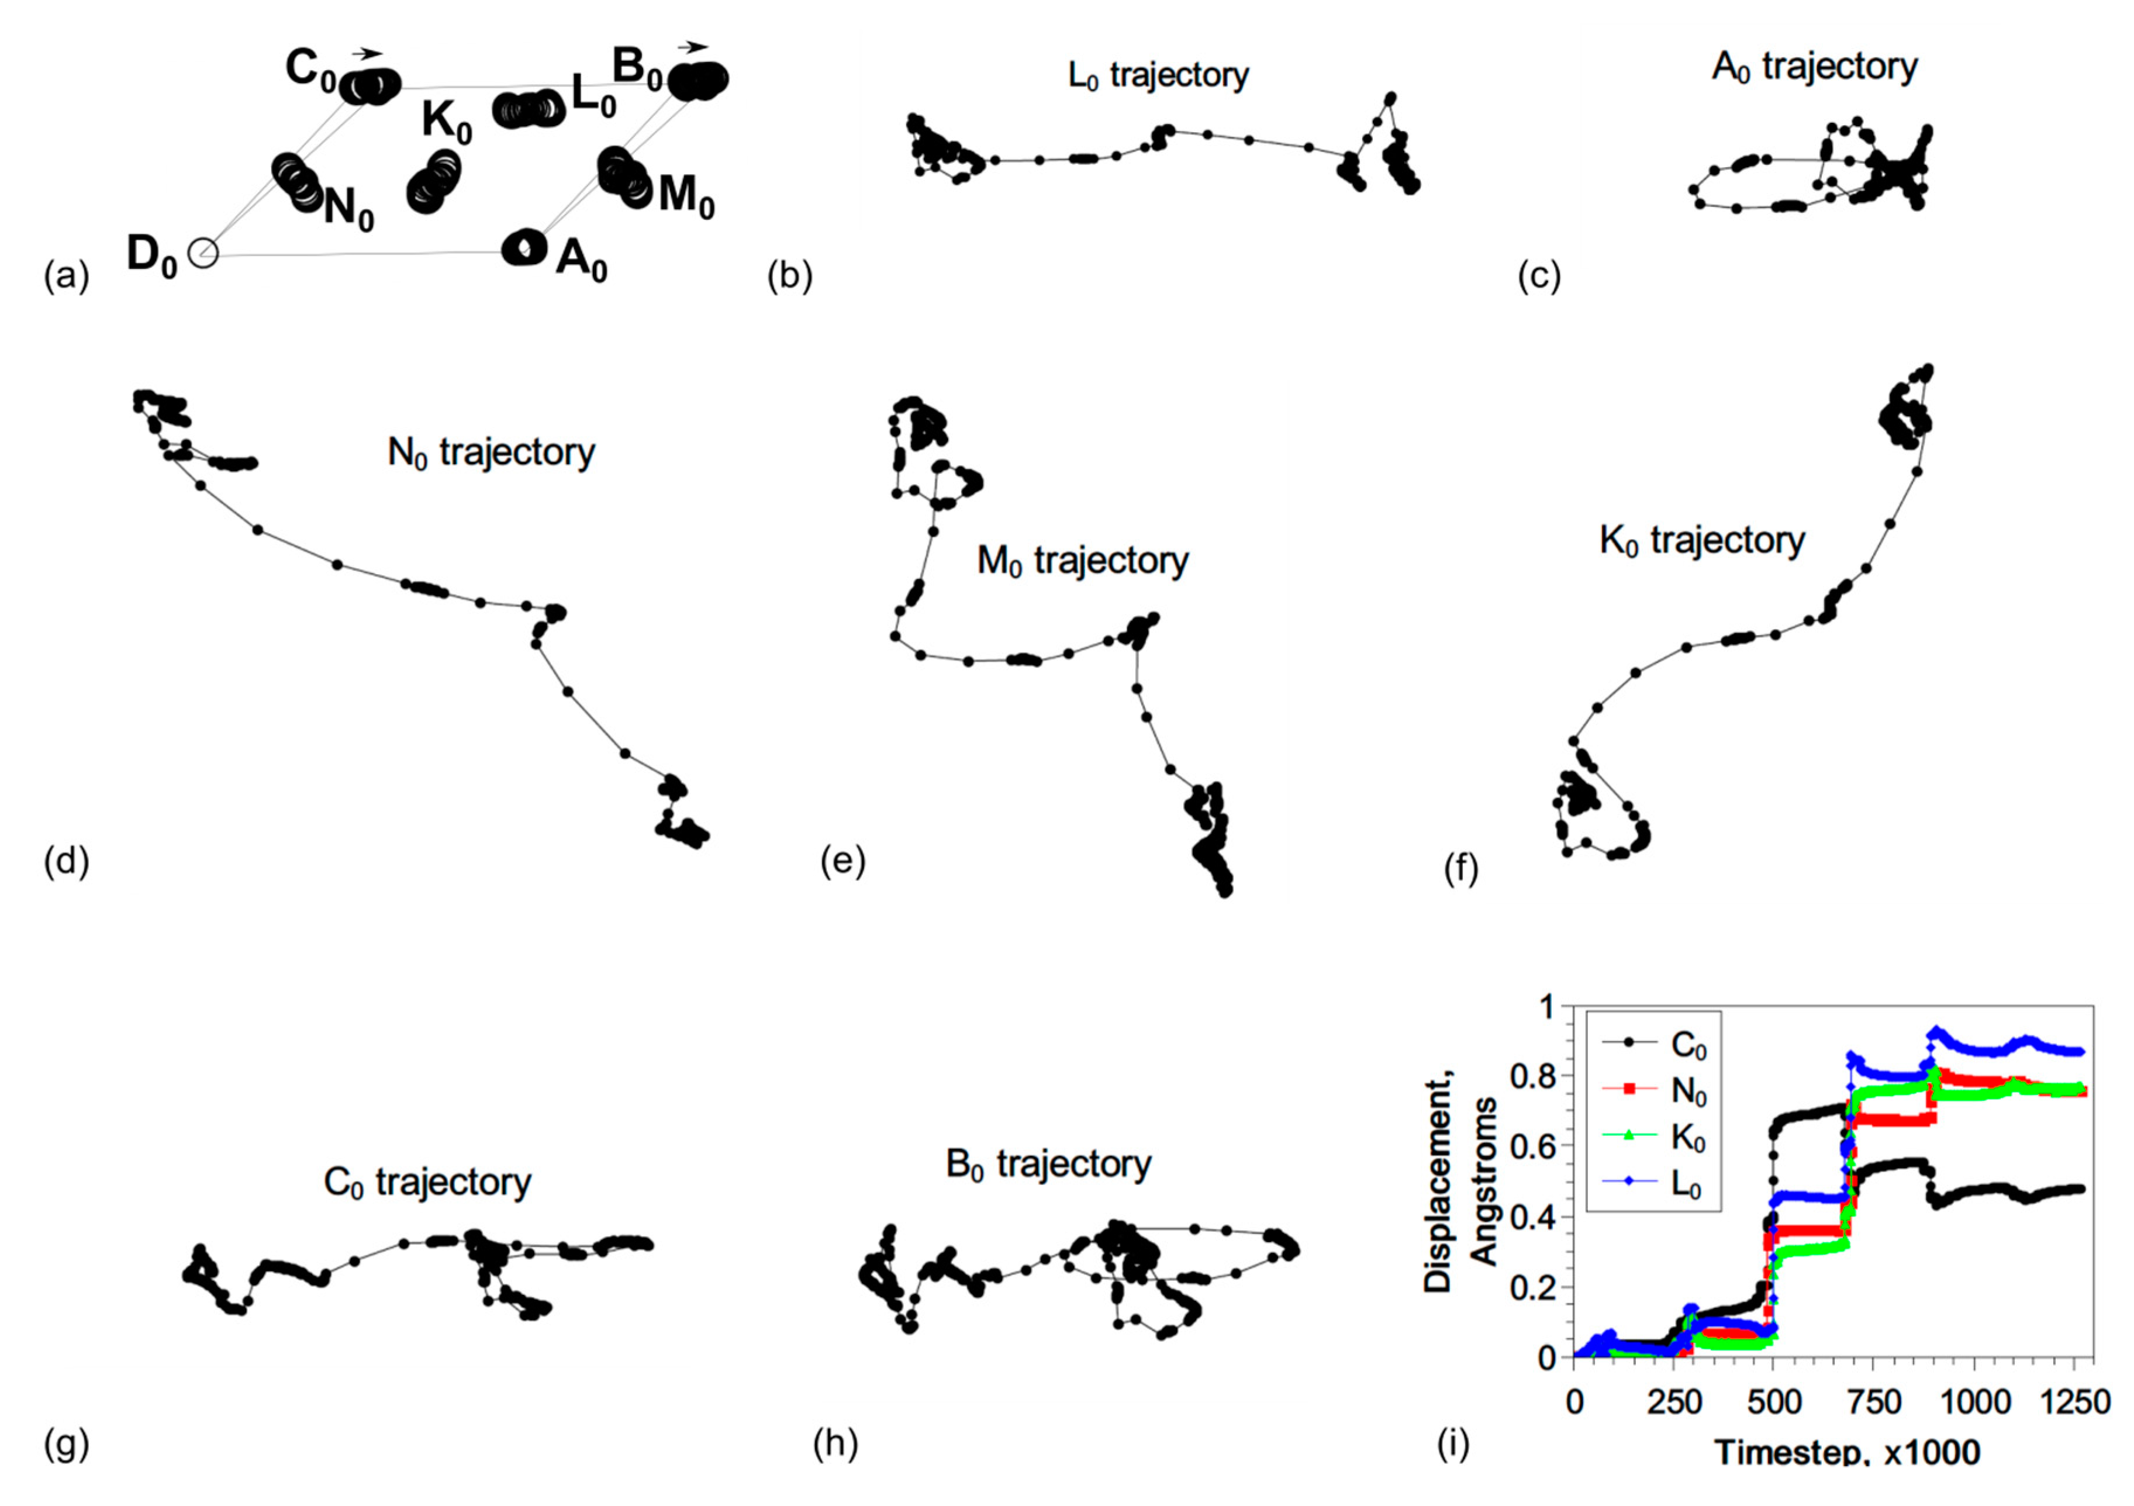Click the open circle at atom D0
point(203,252)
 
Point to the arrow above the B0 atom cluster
point(692,47)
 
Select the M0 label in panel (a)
point(686,197)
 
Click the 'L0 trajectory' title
point(1158,76)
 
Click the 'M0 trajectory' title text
point(1083,561)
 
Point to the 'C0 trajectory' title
point(427,1183)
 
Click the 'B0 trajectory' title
point(1048,1165)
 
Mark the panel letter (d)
point(66,862)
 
